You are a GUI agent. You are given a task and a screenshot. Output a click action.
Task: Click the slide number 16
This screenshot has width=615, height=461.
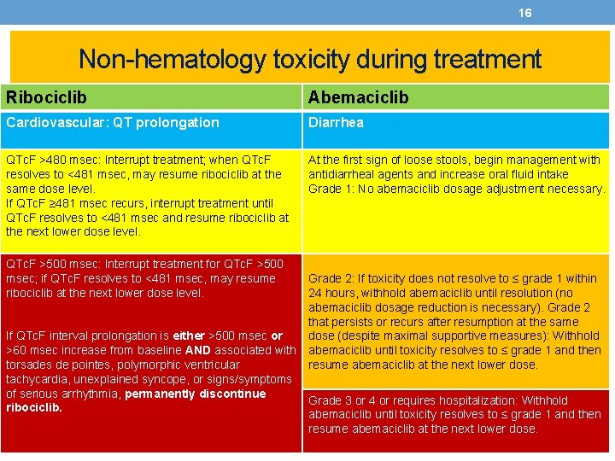[525, 13]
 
